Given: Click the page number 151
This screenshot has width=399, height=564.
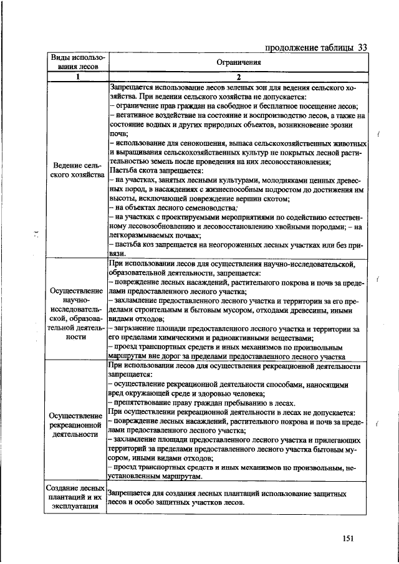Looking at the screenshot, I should (x=347, y=538).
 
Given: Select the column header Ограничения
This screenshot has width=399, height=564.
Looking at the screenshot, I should (x=238, y=62).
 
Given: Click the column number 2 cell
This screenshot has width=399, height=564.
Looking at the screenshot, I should (x=238, y=77).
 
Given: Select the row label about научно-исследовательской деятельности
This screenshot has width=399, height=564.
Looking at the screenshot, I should (x=76, y=313).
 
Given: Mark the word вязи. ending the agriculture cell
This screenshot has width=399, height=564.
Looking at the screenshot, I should (x=117, y=254).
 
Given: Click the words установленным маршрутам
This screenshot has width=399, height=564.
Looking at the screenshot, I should (x=155, y=476).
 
